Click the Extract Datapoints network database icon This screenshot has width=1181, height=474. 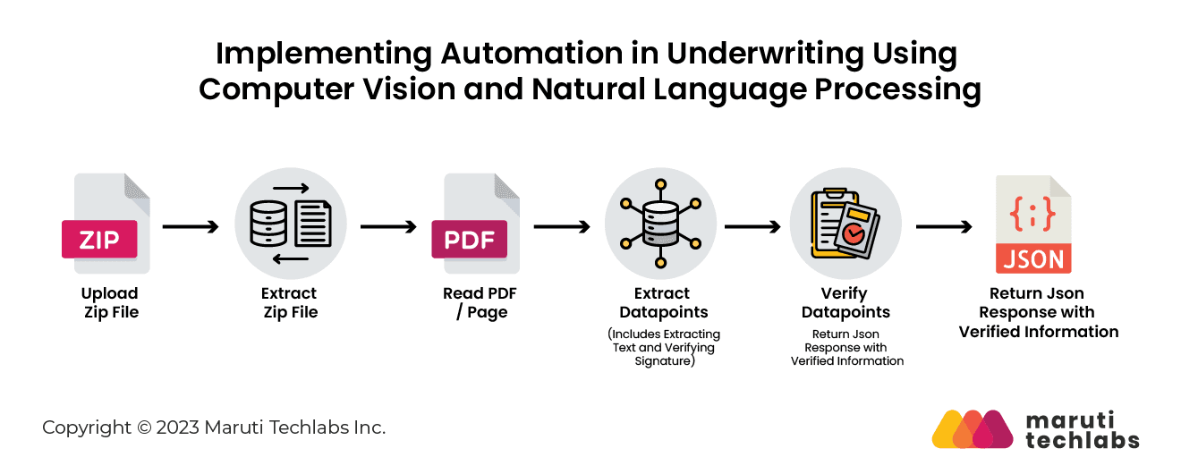click(661, 224)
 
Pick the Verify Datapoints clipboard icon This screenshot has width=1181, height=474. click(845, 224)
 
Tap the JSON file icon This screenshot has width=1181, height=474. click(1033, 224)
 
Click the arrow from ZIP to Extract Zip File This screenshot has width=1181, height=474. click(191, 227)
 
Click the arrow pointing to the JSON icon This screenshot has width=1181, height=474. click(944, 227)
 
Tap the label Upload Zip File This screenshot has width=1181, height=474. click(110, 302)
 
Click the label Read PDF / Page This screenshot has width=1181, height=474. click(480, 302)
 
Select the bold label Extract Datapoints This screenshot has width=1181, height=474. click(662, 302)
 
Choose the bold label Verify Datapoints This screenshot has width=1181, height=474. click(845, 302)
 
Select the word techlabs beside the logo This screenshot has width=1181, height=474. click(1082, 439)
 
